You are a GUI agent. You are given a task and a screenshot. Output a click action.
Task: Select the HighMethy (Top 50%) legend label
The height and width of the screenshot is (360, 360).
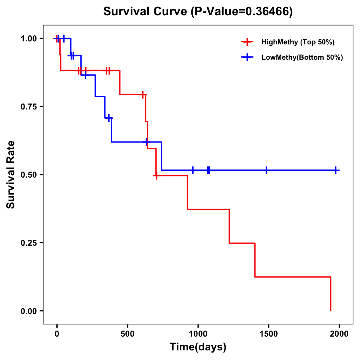tap(298, 42)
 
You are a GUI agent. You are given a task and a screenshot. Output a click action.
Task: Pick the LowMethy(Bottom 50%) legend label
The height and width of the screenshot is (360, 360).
tap(302, 57)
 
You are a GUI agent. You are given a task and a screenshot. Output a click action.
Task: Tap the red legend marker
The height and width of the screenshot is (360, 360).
tap(247, 42)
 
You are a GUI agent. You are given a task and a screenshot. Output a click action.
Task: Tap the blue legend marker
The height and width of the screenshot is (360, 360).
tap(247, 57)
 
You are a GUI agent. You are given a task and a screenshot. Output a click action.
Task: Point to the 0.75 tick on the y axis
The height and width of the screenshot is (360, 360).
tap(28, 106)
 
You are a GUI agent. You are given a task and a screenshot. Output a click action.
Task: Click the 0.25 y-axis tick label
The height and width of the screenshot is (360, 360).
tap(28, 243)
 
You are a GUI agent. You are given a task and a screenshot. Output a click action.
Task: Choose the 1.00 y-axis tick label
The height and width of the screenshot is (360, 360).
tap(28, 38)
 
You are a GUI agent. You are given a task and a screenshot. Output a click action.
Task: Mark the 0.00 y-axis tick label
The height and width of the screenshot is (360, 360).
tap(28, 311)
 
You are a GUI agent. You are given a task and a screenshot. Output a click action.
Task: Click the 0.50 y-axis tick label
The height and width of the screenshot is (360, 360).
tap(28, 175)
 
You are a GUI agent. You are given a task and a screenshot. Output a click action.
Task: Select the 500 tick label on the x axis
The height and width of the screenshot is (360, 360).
tap(127, 334)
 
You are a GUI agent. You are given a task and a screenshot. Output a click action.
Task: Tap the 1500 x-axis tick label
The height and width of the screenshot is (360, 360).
tap(268, 334)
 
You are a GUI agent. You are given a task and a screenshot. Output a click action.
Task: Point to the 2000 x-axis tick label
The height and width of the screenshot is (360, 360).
tap(339, 334)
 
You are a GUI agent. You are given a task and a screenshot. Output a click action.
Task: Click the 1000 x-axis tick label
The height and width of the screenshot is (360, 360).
tap(198, 334)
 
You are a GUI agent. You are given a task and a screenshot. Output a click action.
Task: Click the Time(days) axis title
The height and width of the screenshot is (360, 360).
tap(198, 347)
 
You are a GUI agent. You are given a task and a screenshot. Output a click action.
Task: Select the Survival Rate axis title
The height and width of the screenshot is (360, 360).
tap(11, 175)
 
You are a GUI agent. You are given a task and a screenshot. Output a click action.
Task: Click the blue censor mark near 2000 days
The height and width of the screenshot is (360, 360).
tap(336, 170)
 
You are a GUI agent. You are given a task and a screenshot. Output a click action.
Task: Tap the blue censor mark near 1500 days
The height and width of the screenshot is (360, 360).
tap(266, 170)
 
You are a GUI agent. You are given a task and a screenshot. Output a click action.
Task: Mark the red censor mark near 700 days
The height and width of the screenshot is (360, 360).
tap(156, 175)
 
